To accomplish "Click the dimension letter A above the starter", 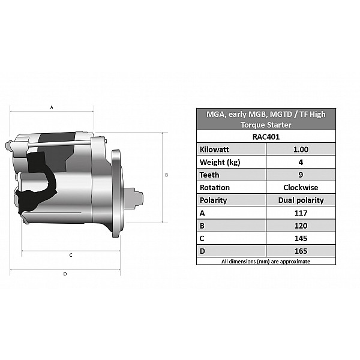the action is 52,107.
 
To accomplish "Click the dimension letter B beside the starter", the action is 166,175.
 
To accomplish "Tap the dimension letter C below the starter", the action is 71,255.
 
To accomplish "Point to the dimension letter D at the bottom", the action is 65,274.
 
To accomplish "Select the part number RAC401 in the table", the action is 266,137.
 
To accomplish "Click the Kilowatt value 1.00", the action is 301,149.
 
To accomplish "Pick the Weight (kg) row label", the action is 220,163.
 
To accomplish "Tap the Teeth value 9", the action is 301,175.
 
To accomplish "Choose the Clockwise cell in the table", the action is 301,188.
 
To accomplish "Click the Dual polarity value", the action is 301,200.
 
